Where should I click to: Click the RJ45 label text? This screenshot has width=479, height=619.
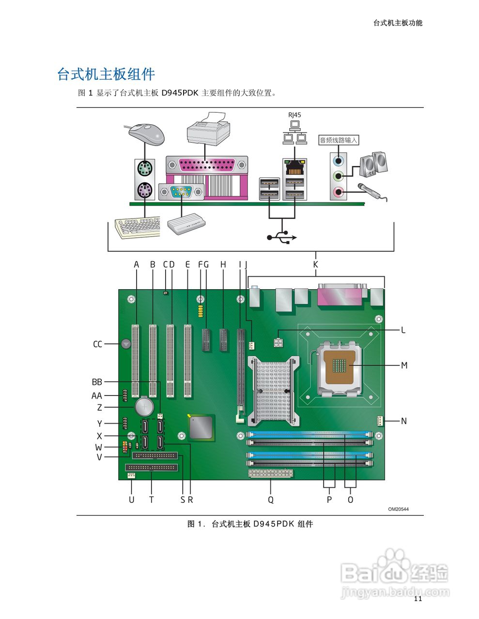(294, 115)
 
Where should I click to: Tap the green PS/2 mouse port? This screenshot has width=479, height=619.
(144, 169)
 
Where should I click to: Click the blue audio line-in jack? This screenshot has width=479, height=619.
(339, 159)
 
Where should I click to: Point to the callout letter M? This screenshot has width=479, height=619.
(404, 366)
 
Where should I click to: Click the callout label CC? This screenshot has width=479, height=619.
(98, 344)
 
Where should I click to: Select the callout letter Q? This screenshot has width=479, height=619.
(271, 500)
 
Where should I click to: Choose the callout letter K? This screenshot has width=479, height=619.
(316, 265)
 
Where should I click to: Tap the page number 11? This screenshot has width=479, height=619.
(418, 599)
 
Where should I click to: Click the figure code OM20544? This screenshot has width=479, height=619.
(398, 509)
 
